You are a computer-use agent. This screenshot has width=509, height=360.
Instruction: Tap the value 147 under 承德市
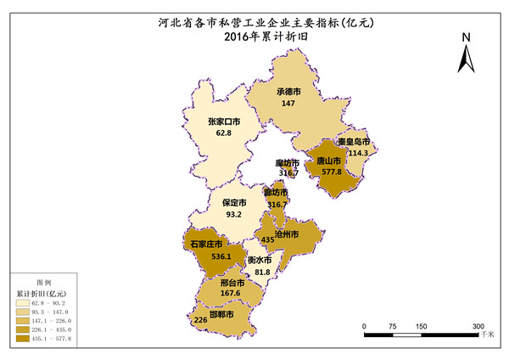[x=288, y=103]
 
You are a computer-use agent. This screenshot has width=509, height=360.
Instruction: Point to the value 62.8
[x=224, y=133]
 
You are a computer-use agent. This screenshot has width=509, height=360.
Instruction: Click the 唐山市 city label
[x=328, y=160]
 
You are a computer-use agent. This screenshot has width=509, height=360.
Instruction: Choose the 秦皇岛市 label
[x=353, y=142]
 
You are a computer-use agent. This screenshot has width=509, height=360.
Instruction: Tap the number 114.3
[x=359, y=153]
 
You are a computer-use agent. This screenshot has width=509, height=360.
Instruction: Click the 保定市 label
[x=234, y=203]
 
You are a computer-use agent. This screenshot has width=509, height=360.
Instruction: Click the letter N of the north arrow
[x=467, y=37]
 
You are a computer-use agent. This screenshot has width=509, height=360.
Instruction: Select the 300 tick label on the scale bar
[x=478, y=326]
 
